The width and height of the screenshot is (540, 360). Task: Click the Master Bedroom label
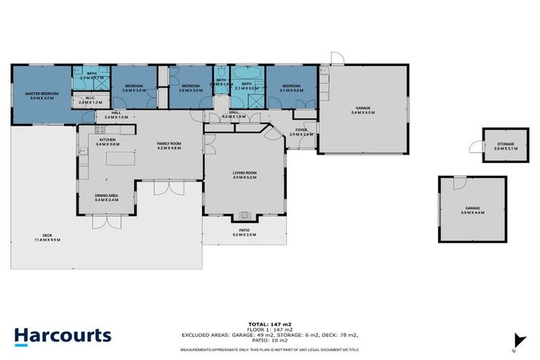tap(41, 94)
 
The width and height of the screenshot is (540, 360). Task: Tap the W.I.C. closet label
tap(91, 101)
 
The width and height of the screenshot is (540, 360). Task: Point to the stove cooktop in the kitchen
tap(99, 129)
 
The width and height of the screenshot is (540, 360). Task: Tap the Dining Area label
tap(106, 196)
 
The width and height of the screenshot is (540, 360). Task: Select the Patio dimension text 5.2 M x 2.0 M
tap(245, 234)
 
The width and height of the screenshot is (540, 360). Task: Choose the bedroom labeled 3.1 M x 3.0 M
tap(291, 88)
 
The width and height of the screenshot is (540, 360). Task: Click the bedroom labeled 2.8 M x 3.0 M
tap(134, 88)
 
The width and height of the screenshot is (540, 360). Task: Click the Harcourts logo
tap(63, 335)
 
